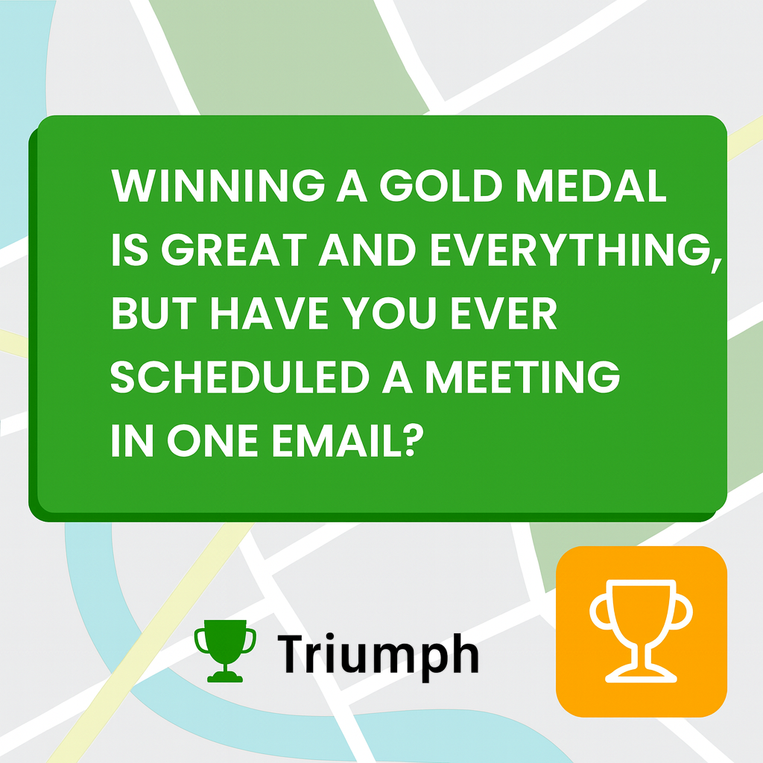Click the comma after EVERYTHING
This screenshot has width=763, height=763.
(x=717, y=262)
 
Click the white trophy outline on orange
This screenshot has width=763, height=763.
(x=641, y=631)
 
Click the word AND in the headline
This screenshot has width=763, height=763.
(x=367, y=251)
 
